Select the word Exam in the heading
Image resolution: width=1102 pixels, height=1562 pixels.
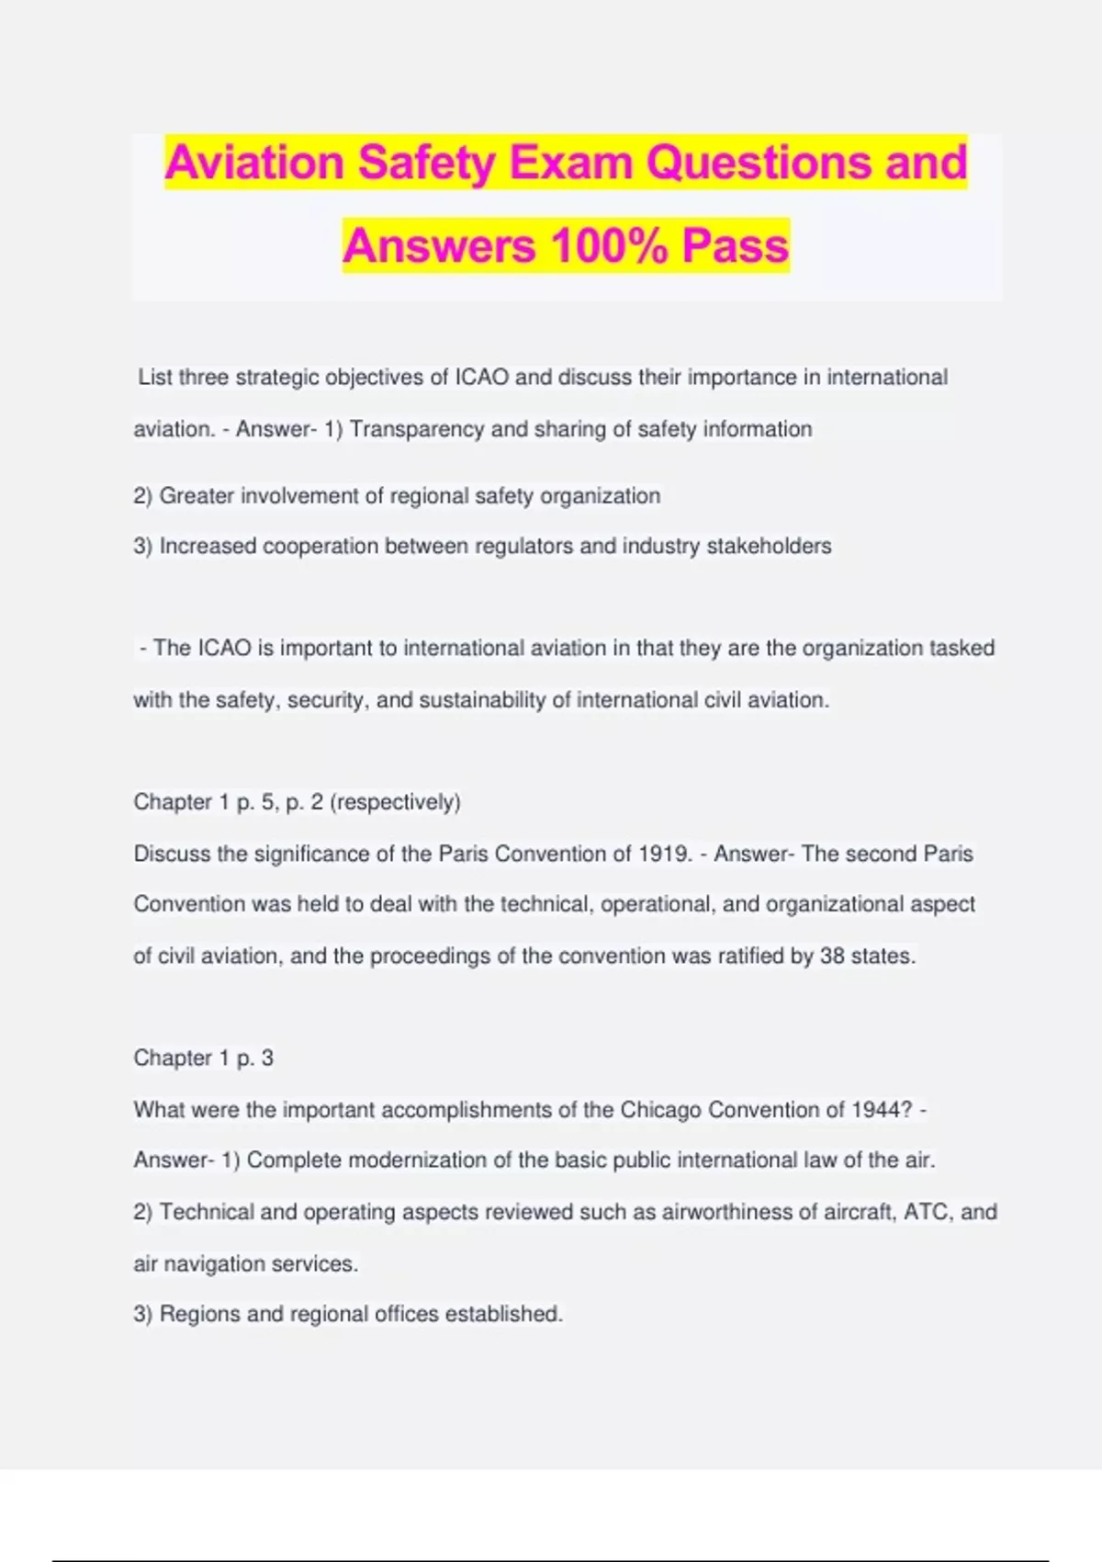(x=570, y=163)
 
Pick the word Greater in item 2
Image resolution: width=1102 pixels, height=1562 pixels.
(x=197, y=496)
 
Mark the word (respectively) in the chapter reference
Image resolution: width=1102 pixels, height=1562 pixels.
(x=395, y=802)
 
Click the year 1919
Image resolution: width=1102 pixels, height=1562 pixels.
(x=663, y=854)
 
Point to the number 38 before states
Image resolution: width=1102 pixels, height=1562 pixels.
(x=832, y=956)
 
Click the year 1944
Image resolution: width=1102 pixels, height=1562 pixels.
(x=882, y=1110)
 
